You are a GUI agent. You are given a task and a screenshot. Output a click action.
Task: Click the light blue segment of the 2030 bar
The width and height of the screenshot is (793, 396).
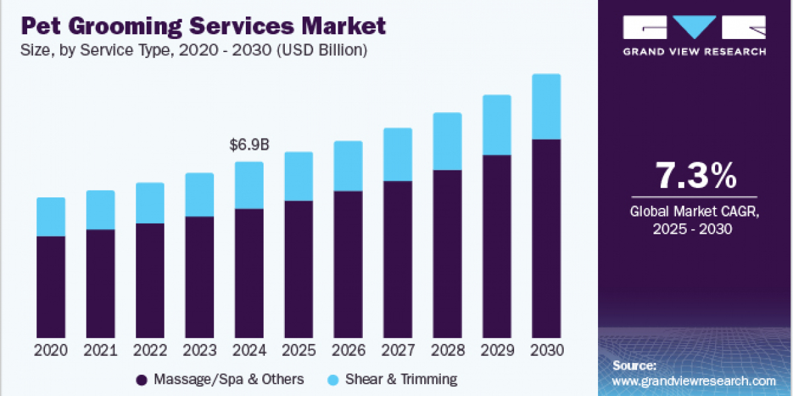(x=546, y=107)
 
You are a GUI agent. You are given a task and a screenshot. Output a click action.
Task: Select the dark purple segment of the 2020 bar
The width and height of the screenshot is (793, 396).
(x=51, y=287)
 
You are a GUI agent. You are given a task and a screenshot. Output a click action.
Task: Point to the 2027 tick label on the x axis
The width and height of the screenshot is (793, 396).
(x=398, y=350)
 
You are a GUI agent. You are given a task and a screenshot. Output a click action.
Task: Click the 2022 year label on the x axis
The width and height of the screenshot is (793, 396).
(x=150, y=350)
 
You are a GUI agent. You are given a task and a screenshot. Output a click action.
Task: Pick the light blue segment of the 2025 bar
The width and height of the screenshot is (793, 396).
(x=299, y=176)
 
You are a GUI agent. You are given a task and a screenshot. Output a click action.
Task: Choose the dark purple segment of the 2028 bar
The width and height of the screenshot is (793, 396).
(x=447, y=254)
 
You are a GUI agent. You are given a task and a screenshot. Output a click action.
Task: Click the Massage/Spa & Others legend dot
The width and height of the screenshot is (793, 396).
(x=141, y=379)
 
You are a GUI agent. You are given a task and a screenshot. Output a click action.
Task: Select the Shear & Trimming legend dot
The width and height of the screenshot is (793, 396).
(x=333, y=379)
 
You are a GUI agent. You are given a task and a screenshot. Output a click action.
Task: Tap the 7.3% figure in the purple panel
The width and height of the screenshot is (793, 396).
(x=695, y=176)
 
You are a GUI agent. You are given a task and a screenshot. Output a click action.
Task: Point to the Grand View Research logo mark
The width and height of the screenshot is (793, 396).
(x=695, y=28)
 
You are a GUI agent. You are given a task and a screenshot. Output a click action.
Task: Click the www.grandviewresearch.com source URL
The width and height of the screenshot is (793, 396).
(x=694, y=381)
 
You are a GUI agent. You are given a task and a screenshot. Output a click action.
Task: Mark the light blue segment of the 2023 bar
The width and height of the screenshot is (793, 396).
(x=200, y=195)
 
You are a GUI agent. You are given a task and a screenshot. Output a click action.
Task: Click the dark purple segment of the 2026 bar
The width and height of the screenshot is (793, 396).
(x=348, y=265)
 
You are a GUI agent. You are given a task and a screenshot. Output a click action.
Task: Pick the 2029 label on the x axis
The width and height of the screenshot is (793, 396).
(x=497, y=350)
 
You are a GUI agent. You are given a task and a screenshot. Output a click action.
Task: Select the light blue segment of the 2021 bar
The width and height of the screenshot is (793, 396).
(x=100, y=210)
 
